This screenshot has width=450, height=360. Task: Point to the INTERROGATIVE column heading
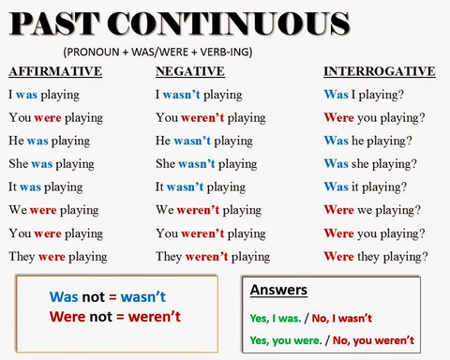(x=379, y=71)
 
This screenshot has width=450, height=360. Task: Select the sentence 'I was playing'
(x=44, y=95)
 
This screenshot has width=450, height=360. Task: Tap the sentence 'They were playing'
(x=57, y=256)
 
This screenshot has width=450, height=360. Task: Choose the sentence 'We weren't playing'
(x=208, y=210)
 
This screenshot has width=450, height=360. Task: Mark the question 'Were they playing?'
(x=375, y=256)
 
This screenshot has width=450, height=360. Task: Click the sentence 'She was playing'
(x=52, y=164)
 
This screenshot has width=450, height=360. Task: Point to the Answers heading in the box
(x=278, y=290)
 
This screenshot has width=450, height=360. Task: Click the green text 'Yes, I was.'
(x=278, y=317)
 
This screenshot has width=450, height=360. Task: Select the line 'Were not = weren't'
(x=115, y=316)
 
